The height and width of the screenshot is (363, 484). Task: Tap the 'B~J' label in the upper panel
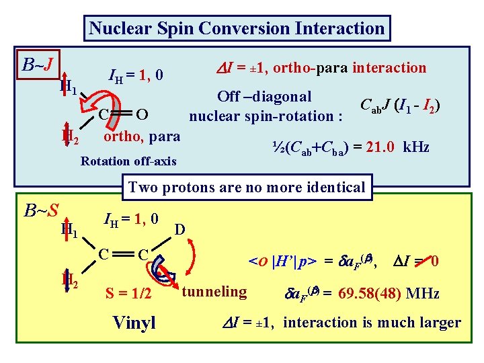click(x=38, y=65)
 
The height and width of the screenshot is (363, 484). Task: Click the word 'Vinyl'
click(x=134, y=323)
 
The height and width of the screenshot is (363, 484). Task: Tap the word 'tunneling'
click(x=214, y=291)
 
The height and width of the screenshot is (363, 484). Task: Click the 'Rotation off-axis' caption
click(x=128, y=161)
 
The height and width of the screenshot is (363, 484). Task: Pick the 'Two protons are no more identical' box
click(x=246, y=187)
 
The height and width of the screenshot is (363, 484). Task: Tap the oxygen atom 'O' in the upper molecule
click(x=141, y=112)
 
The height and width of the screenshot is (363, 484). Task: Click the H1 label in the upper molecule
click(x=67, y=86)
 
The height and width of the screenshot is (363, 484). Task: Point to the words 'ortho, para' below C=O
click(x=140, y=136)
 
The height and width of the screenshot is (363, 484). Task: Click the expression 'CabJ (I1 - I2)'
click(x=401, y=105)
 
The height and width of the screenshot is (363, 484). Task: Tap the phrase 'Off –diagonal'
click(x=264, y=97)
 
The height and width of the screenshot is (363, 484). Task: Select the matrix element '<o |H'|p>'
click(x=284, y=260)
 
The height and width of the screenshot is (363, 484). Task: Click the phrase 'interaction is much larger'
click(x=372, y=323)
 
